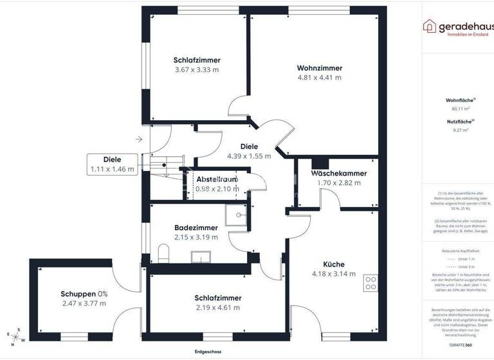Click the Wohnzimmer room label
319,68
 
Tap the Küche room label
334,264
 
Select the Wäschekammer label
339,174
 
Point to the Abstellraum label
217,179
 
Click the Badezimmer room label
196,228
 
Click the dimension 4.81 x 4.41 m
319,77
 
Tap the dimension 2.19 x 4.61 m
218,307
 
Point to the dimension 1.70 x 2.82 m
339,183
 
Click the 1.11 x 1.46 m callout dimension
113,170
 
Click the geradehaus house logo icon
429,26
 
